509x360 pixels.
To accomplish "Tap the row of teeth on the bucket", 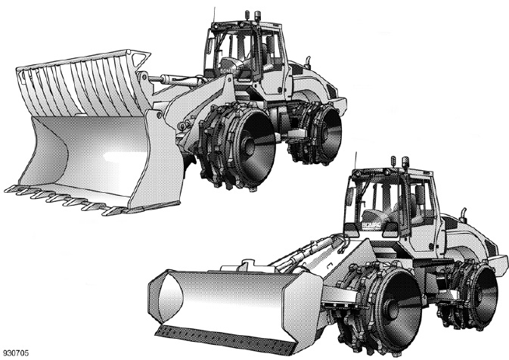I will tap(68, 199).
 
